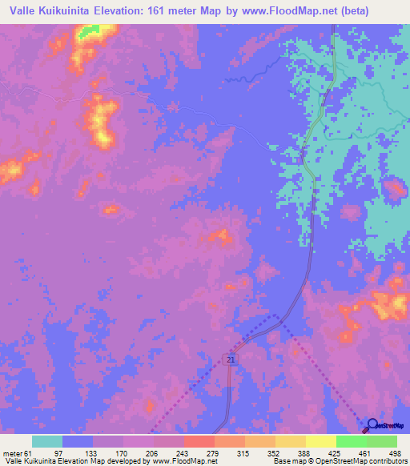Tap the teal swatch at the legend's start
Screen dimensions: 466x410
click(x=47, y=441)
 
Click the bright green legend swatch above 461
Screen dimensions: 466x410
click(x=352, y=441)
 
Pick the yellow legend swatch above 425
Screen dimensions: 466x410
click(x=321, y=441)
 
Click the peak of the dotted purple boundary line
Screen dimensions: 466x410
click(x=277, y=315)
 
